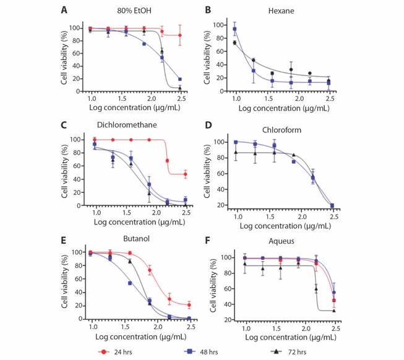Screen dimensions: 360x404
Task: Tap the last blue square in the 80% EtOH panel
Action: [180, 79]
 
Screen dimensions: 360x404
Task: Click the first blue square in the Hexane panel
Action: [235, 29]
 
